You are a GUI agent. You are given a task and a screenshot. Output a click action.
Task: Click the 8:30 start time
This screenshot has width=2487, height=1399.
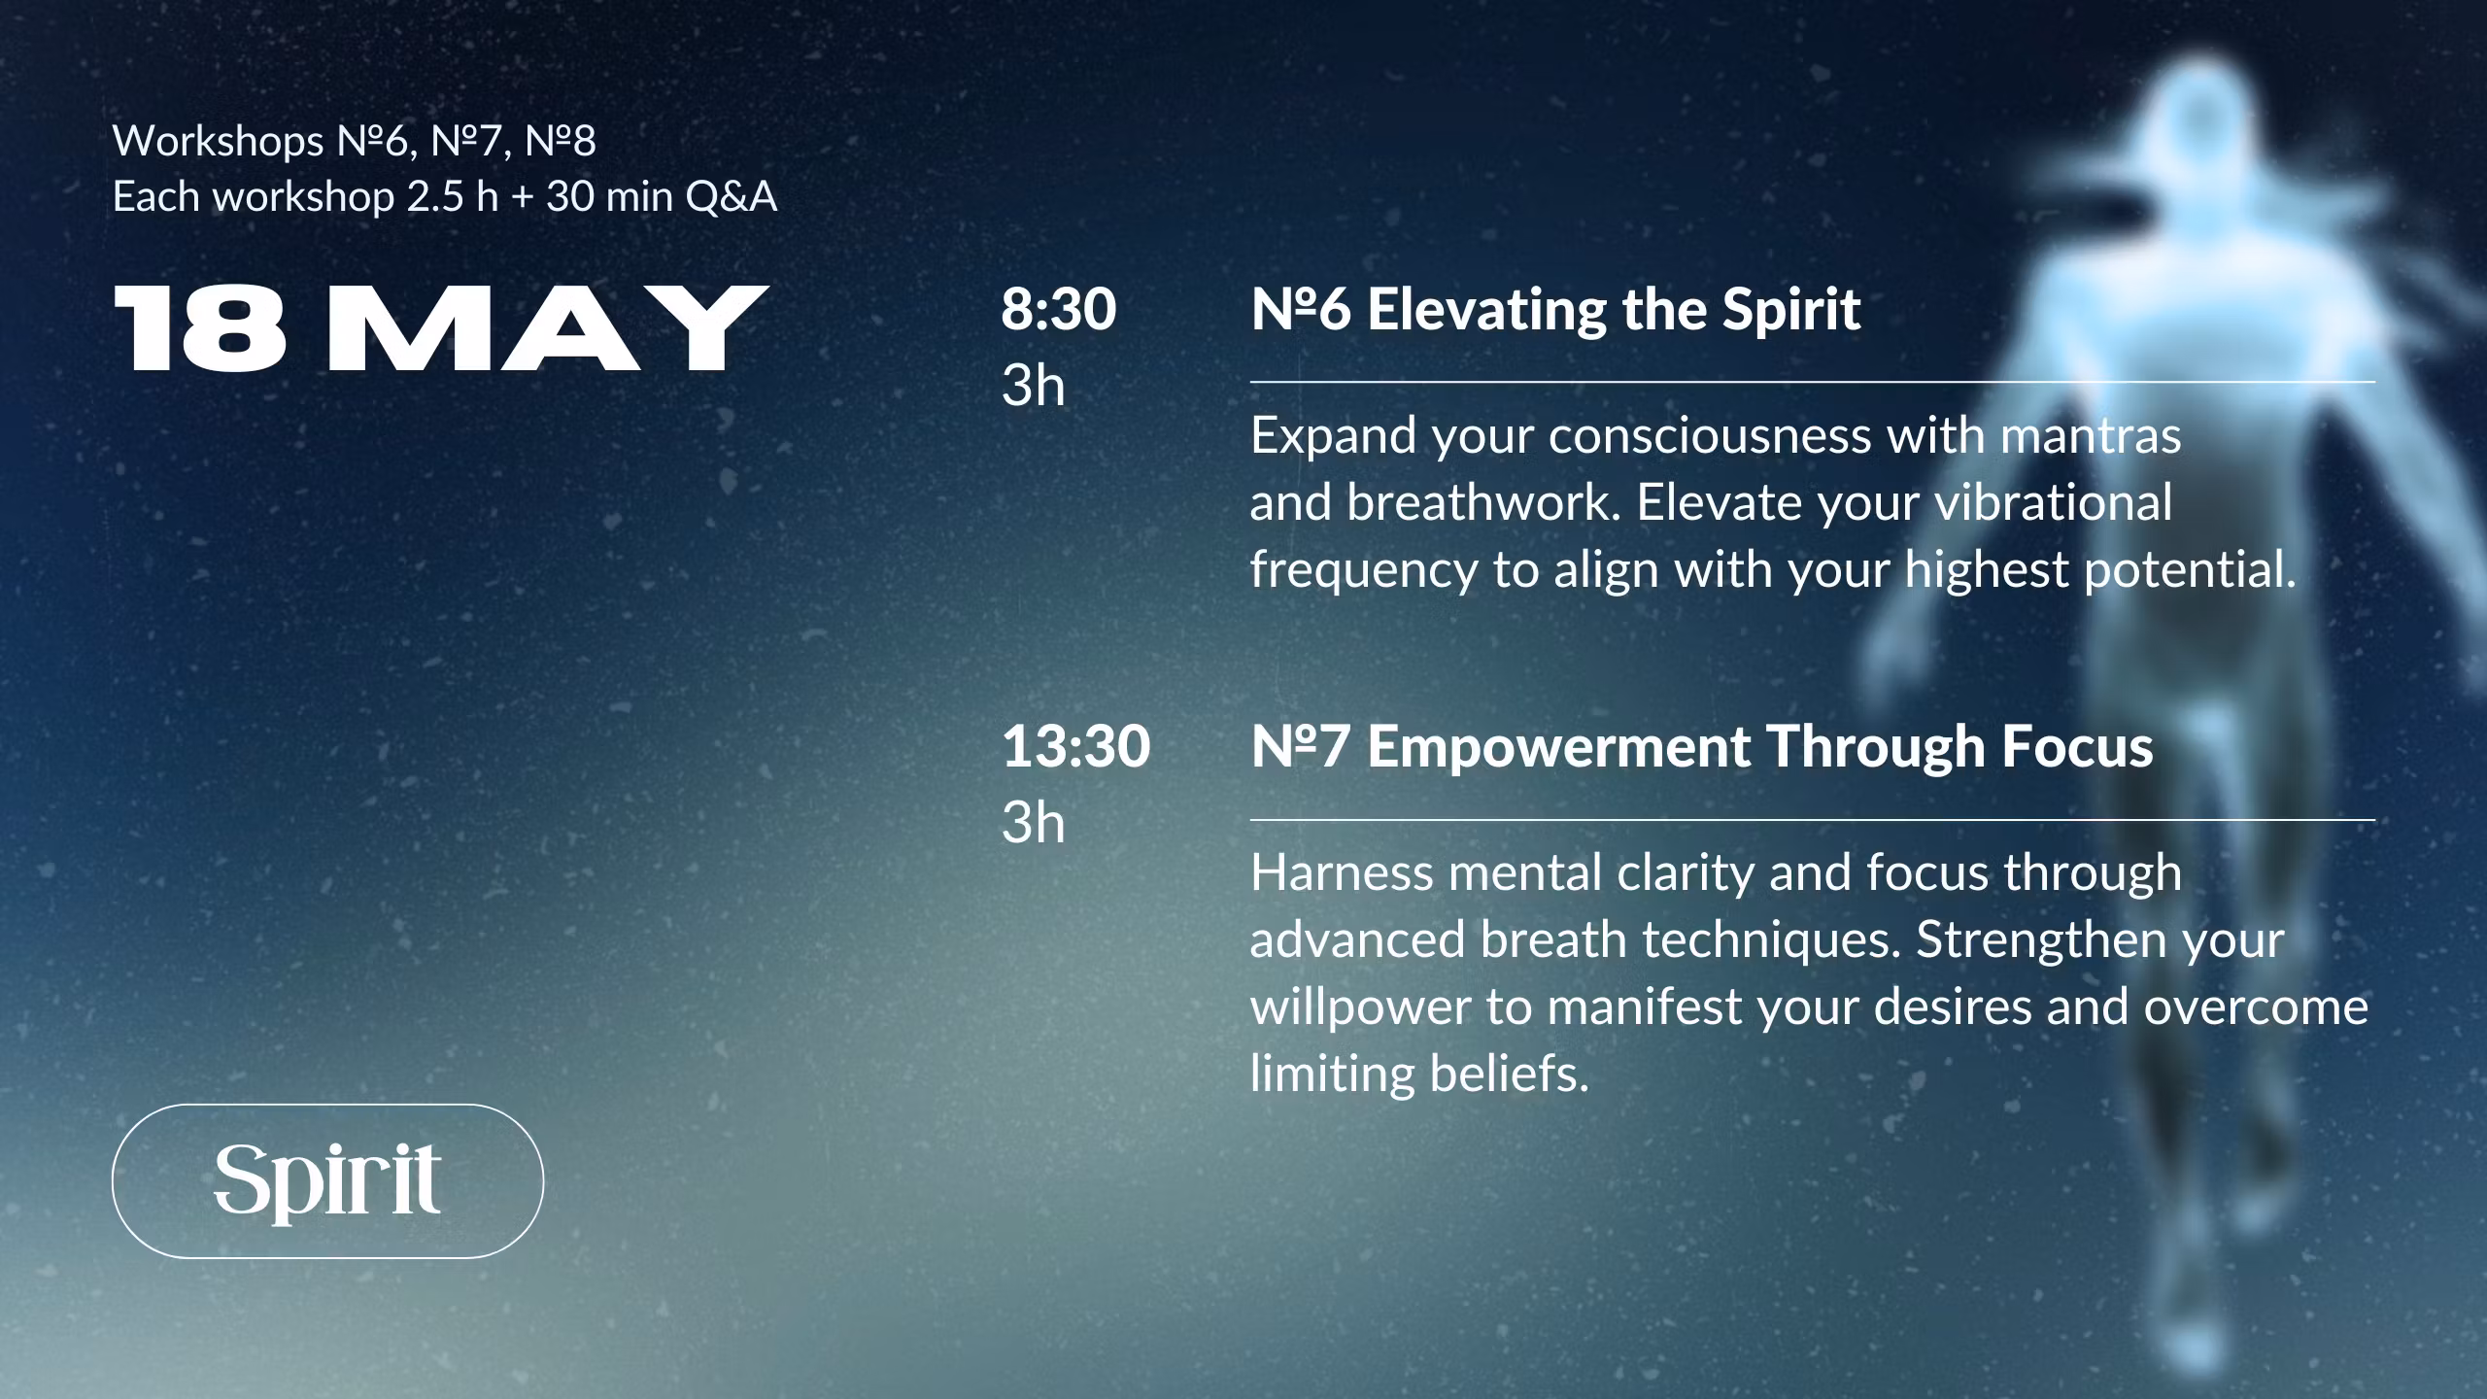tap(1059, 309)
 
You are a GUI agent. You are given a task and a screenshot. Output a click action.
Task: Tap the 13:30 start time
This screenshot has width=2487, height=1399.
tap(1076, 746)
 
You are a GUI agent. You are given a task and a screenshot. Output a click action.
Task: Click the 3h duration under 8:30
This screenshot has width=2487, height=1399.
tap(1034, 386)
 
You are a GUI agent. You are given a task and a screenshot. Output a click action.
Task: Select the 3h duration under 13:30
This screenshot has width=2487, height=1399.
tap(1034, 823)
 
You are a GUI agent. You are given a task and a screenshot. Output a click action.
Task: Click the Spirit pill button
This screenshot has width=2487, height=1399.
tap(327, 1180)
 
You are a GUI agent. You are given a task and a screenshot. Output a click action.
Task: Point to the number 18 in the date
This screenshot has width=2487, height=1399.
tap(201, 328)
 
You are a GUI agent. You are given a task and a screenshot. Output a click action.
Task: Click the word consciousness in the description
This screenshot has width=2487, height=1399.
tap(1710, 435)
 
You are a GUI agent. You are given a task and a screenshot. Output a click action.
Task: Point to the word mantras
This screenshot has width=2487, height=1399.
tap(2091, 435)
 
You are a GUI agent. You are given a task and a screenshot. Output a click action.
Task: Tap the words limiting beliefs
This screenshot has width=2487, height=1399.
tap(1419, 1075)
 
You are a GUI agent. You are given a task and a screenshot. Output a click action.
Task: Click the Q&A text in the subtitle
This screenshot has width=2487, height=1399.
tap(732, 197)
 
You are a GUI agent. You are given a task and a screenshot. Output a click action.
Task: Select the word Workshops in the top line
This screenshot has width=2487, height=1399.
tap(219, 143)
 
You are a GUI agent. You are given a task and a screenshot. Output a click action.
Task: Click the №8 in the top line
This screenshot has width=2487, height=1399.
tap(561, 142)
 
